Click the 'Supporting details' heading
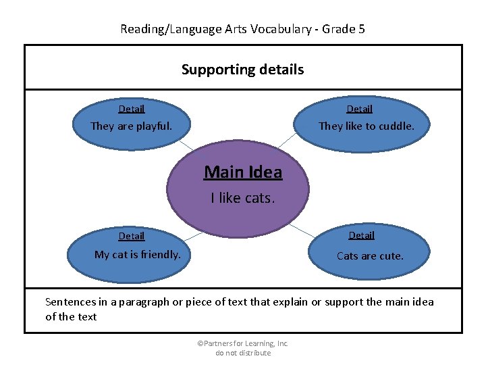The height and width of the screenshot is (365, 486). pos(242,70)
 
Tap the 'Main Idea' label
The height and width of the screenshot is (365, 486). pos(243,172)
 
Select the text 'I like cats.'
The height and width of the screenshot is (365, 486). pos(242,198)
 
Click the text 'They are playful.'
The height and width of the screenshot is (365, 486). pos(131,126)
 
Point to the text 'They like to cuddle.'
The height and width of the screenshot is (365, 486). pos(366,126)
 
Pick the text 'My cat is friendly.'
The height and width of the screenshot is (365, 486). pos(137,255)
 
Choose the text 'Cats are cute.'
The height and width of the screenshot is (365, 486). pos(370,256)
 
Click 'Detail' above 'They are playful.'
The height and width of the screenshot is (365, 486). pos(132,109)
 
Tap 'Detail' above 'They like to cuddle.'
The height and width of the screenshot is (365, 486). pos(359,109)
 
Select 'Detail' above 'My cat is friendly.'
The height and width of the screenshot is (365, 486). pos(132,236)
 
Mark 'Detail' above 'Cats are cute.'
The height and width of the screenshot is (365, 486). pos(361,235)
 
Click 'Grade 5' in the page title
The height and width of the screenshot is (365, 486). pos(344,29)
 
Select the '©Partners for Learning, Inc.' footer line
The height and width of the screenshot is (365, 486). pos(242,343)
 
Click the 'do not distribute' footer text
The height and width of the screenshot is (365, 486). pos(243,353)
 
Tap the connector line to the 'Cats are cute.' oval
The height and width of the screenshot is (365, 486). pos(301,232)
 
